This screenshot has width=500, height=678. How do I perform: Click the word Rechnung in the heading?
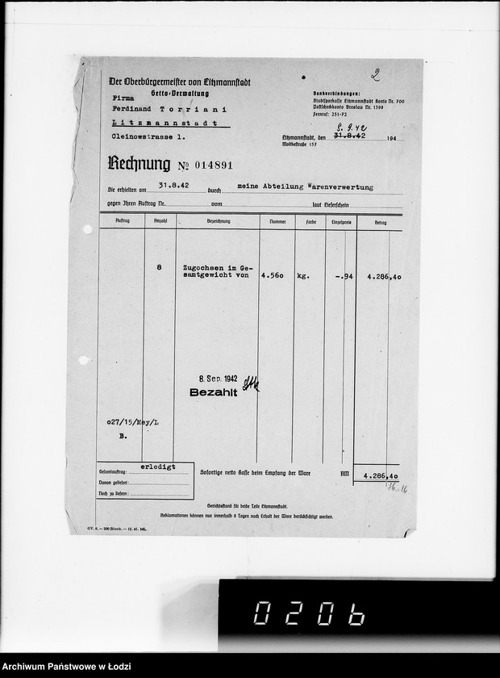click(x=139, y=165)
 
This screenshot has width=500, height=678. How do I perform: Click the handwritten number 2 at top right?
click(x=375, y=75)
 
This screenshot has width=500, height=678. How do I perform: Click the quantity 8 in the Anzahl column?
click(x=159, y=266)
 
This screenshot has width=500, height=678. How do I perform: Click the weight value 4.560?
click(x=273, y=275)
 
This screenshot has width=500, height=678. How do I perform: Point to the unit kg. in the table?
click(x=303, y=275)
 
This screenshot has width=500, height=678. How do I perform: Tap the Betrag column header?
click(x=379, y=220)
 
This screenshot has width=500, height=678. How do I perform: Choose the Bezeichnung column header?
click(x=219, y=220)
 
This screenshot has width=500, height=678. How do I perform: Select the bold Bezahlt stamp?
click(x=213, y=392)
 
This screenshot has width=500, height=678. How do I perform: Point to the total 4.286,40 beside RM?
click(x=382, y=476)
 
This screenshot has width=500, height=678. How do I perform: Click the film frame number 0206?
click(x=309, y=614)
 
